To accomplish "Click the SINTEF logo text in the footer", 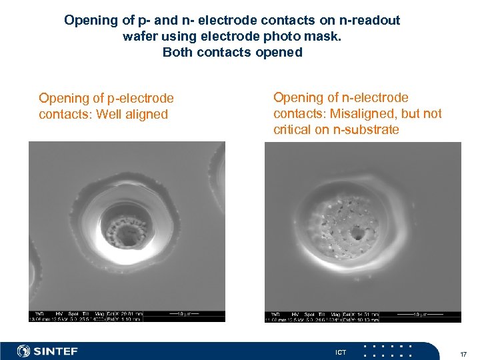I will pyautogui.click(x=56, y=351).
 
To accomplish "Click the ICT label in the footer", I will pyautogui.click(x=341, y=352).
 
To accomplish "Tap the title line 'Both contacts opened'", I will pyautogui.click(x=233, y=52).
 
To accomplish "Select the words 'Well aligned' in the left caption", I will pyautogui.click(x=132, y=114).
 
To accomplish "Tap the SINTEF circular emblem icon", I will pyautogui.click(x=24, y=351).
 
